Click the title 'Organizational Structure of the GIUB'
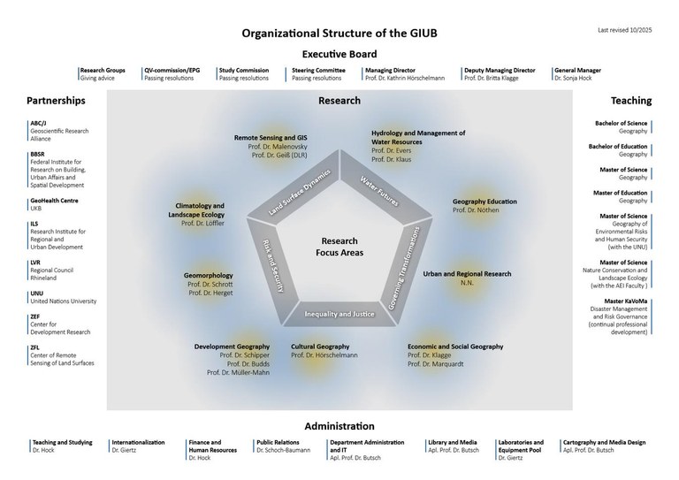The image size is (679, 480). (x=339, y=34)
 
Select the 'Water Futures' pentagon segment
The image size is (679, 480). (x=378, y=190)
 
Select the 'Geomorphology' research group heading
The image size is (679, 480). (x=208, y=275)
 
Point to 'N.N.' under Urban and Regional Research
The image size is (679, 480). (x=466, y=283)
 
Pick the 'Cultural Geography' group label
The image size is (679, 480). (x=321, y=346)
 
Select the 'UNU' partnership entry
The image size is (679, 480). (x=37, y=293)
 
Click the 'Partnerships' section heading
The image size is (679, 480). (x=56, y=101)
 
